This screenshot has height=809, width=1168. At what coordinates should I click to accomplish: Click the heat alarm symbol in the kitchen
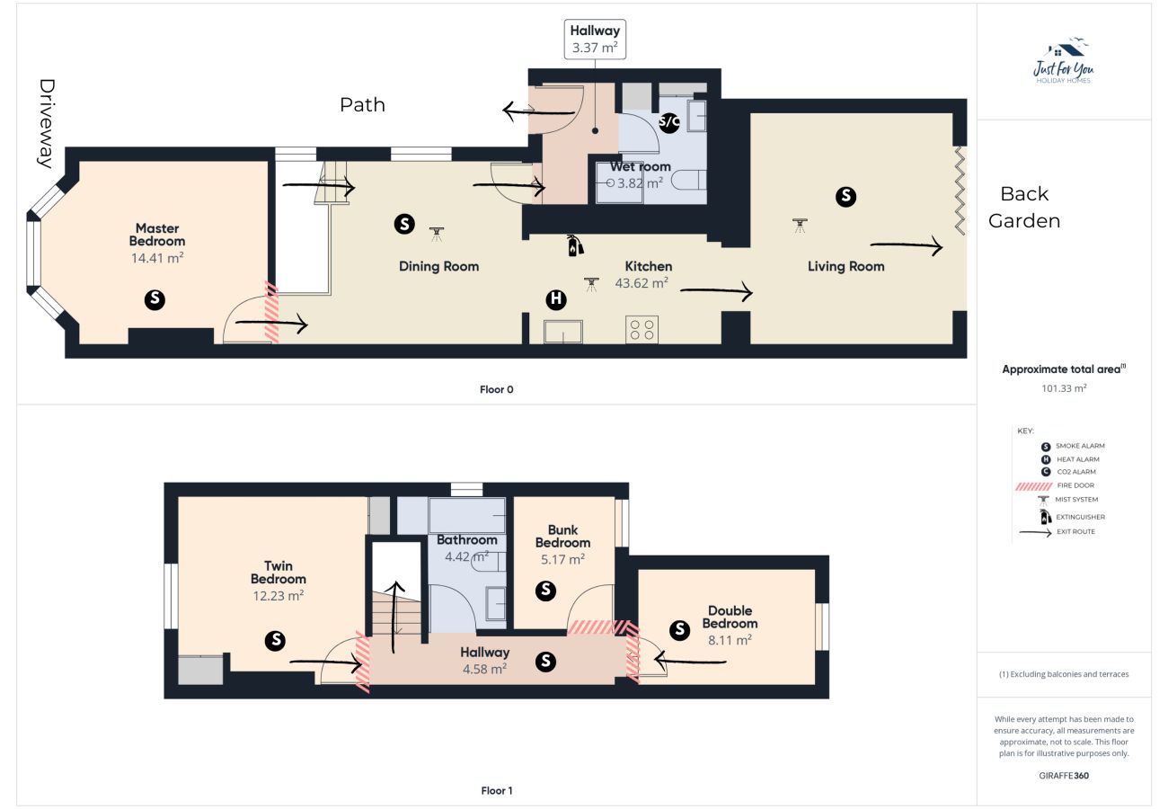coord(556,299)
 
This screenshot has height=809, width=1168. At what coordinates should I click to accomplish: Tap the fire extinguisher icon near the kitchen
coord(575,245)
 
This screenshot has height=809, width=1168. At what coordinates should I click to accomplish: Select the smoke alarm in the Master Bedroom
coord(155,300)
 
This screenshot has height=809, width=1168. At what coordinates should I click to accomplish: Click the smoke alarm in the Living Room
coord(845,197)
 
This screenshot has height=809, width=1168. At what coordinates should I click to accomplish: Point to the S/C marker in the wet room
coord(669,122)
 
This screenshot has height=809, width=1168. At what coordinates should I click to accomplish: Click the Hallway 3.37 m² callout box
coord(595,40)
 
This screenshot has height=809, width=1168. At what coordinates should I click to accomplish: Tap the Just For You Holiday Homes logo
coord(1064,60)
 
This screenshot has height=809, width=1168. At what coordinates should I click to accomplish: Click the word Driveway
coord(47,124)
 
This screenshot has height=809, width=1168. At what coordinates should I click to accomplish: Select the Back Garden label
coord(1024,207)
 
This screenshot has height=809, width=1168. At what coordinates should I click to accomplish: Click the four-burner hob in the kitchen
coord(642,330)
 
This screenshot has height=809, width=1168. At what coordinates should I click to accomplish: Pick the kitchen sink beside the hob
coord(563,331)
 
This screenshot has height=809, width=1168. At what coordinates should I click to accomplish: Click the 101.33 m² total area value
coord(1064,388)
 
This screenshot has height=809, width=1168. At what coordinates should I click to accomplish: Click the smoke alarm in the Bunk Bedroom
coord(545,591)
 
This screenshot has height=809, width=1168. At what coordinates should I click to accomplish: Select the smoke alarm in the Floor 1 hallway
coord(545,662)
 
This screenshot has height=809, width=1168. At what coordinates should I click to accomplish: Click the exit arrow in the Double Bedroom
coord(690,662)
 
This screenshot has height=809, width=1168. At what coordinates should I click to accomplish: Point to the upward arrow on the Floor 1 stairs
coord(395,617)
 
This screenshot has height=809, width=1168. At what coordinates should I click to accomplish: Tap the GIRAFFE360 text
coord(1064,776)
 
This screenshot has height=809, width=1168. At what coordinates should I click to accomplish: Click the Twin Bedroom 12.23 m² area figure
coord(278,596)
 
